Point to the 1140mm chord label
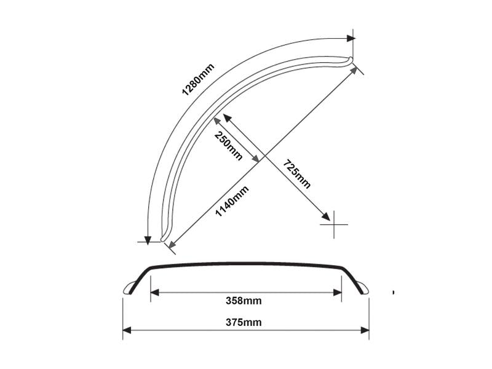pos(232,200)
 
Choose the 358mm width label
pos(244,301)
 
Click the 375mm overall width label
pos(244,322)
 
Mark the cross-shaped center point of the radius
pos(334,224)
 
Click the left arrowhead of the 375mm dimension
pos(127,331)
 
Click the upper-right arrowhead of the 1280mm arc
pos(351,38)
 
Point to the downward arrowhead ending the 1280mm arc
pos(148,238)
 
